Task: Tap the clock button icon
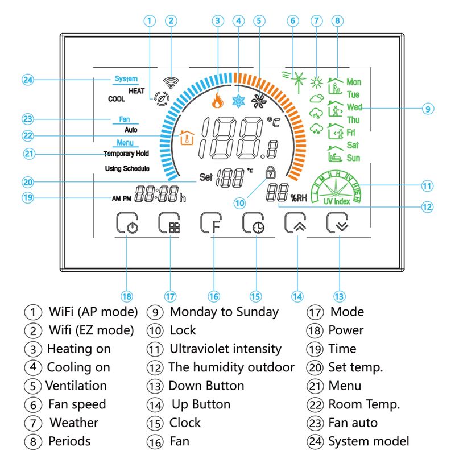click(x=254, y=224)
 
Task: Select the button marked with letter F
click(x=212, y=224)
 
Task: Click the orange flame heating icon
click(x=217, y=101)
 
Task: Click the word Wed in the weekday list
click(x=354, y=107)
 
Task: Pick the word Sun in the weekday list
click(x=353, y=158)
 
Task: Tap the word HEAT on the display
click(x=136, y=90)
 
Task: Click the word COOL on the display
click(x=116, y=99)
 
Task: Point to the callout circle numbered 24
click(x=28, y=80)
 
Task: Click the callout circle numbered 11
click(x=427, y=185)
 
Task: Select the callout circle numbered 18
click(x=127, y=296)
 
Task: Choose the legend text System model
click(x=369, y=441)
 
